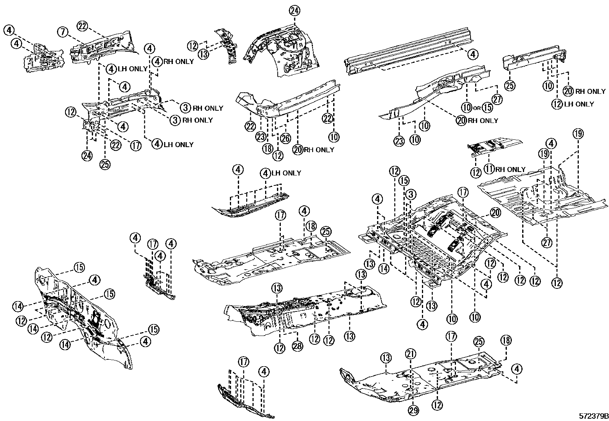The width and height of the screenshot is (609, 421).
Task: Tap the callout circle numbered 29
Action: (413, 410)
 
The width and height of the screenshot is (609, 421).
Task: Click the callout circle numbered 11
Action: (489, 169)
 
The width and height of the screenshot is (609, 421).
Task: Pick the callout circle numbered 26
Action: (285, 137)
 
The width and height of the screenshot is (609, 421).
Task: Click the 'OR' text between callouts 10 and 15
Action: (476, 108)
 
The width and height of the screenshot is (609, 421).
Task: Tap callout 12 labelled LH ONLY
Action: (557, 104)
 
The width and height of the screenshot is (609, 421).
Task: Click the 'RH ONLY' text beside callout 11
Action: (510, 169)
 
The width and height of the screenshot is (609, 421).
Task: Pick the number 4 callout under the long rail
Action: (473, 54)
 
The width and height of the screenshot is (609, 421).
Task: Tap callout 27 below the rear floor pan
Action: (547, 242)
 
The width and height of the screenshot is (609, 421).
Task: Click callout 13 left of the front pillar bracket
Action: (204, 54)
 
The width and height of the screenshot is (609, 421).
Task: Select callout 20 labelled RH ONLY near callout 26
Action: (298, 149)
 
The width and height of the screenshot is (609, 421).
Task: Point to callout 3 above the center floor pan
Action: (410, 194)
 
